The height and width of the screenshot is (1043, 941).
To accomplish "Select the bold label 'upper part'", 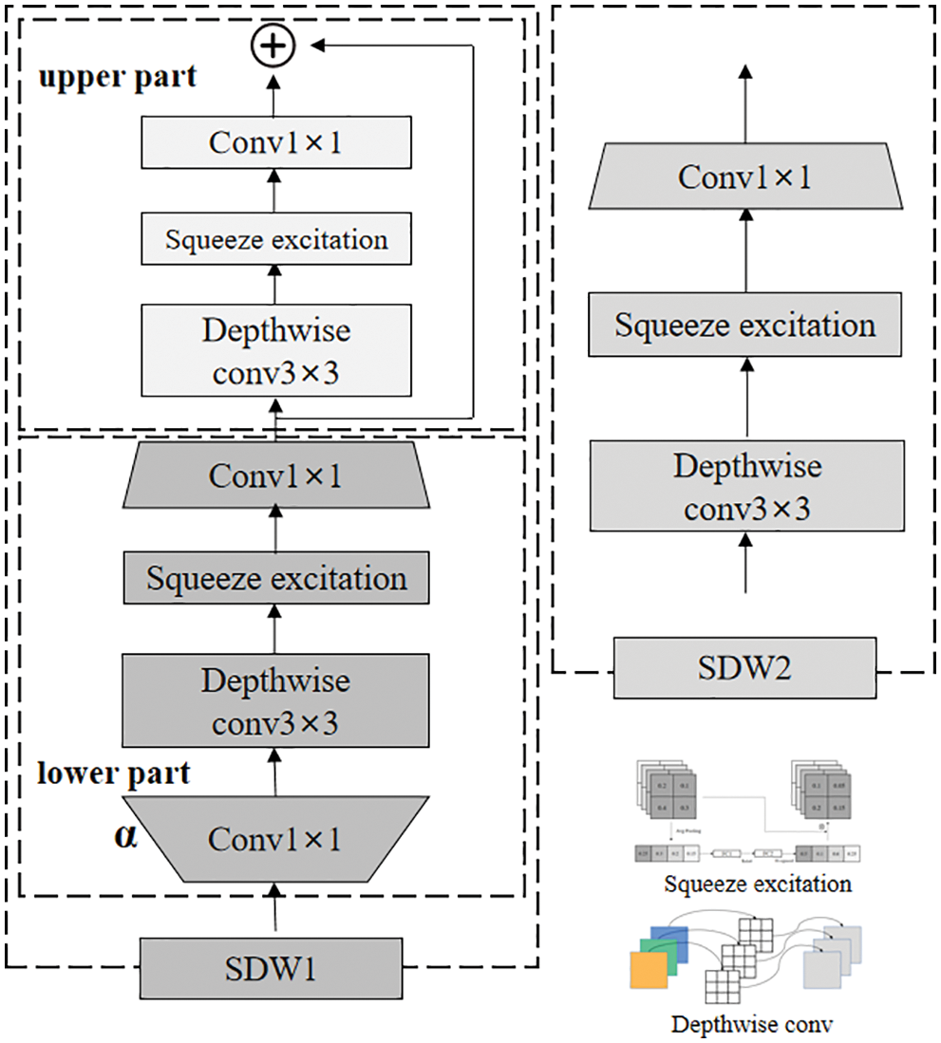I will click(117, 77).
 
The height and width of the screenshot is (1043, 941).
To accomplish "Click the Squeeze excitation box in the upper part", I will click(275, 239).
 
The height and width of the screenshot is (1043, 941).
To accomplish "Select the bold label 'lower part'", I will click(114, 773).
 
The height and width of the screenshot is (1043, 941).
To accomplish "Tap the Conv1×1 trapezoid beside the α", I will click(275, 839).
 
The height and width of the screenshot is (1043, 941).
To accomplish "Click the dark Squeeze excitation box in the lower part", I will click(275, 578).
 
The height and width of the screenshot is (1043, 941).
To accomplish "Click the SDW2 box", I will click(743, 669).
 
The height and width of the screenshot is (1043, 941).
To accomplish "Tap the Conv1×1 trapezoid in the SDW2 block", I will click(743, 177).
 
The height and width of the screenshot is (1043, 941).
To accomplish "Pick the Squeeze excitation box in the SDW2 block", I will click(743, 326).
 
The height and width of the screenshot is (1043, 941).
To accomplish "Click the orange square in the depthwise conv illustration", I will click(649, 973).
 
